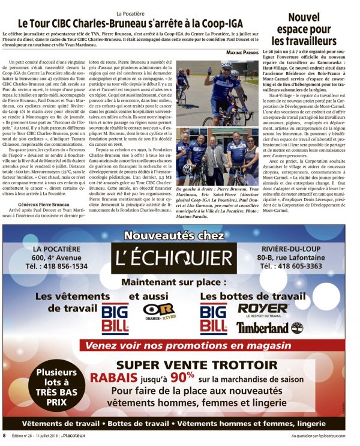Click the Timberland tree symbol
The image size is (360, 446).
[297, 327]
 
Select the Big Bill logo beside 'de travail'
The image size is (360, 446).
[115, 318]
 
